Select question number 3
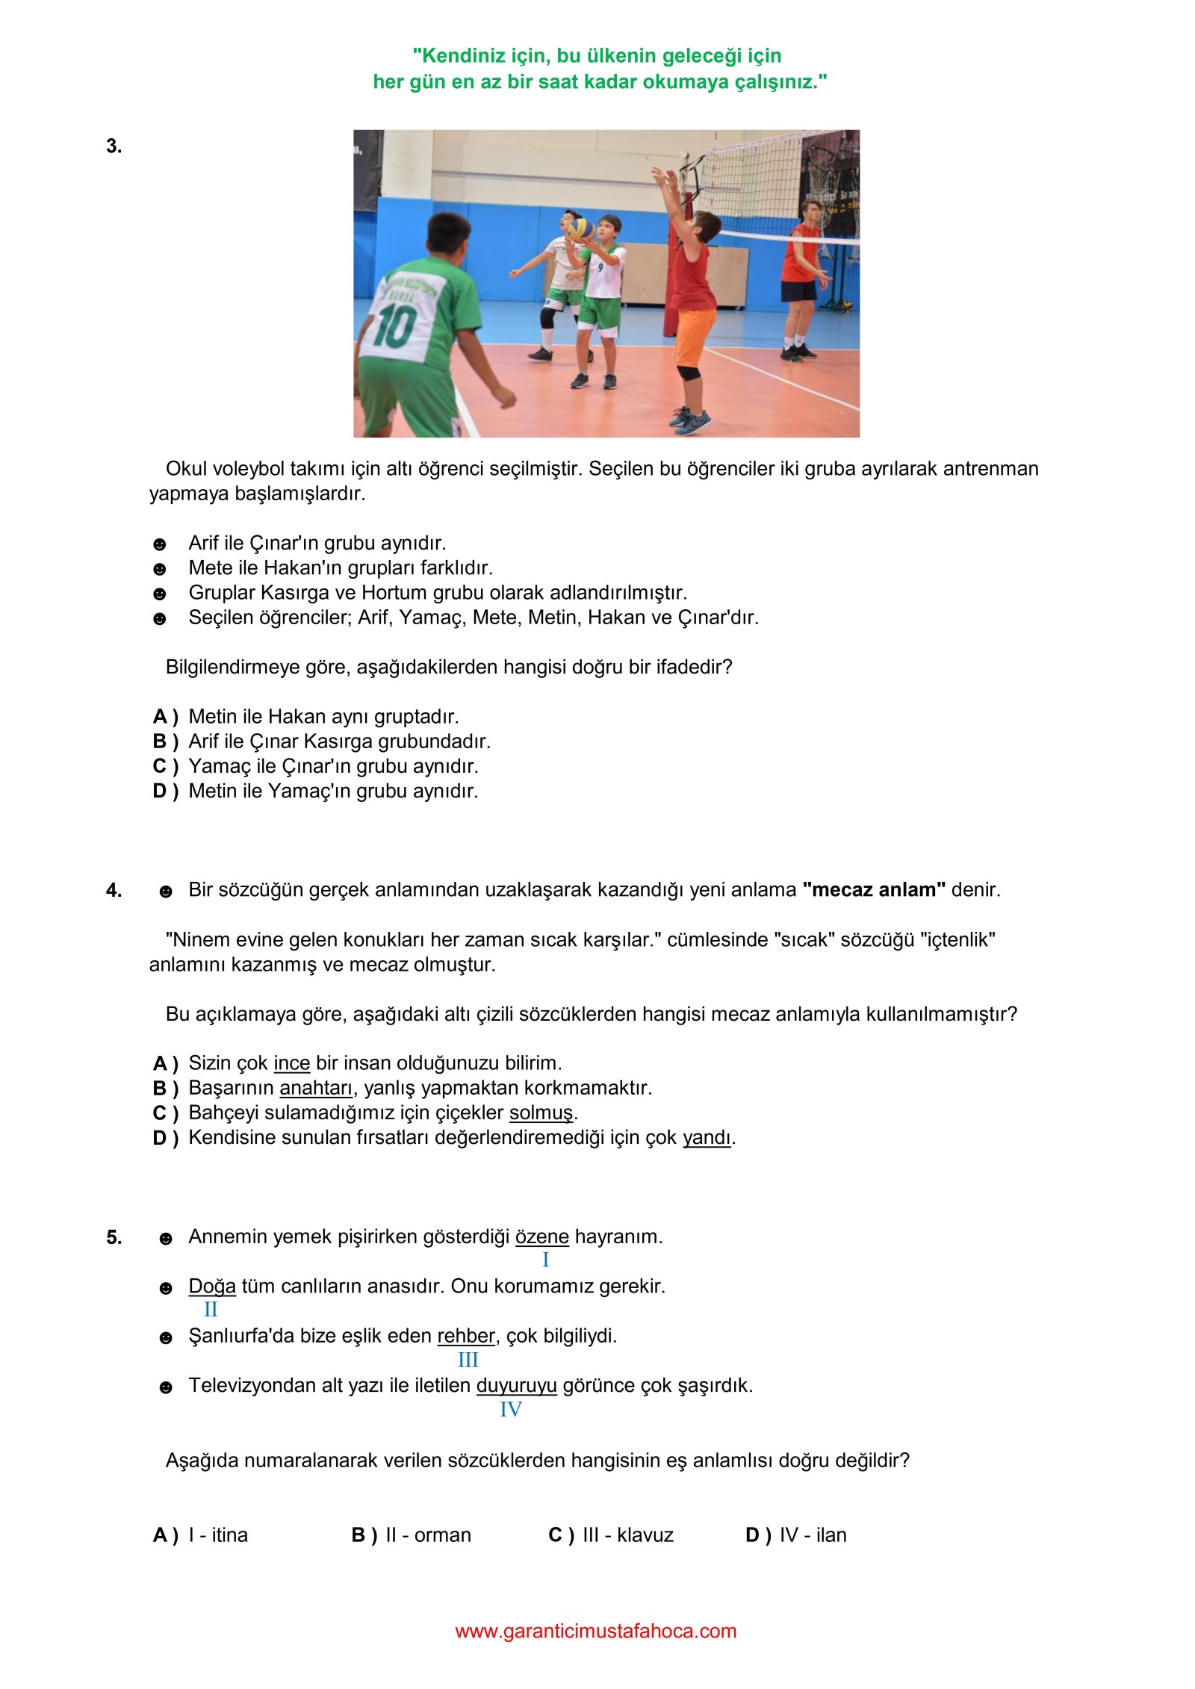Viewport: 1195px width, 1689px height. click(114, 146)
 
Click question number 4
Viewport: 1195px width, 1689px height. click(114, 890)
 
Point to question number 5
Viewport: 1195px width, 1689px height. click(114, 1237)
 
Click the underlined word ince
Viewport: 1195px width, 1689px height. click(291, 1063)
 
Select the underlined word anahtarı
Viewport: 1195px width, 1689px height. click(316, 1088)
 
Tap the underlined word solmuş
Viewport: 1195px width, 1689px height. click(541, 1113)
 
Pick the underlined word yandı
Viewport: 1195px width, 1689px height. click(707, 1137)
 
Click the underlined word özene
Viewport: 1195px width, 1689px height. click(541, 1237)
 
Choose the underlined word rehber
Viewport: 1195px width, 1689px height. click(466, 1336)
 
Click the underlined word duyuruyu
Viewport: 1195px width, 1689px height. click(516, 1386)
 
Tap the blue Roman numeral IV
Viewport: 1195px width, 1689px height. click(511, 1410)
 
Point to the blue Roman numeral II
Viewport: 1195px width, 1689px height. click(211, 1310)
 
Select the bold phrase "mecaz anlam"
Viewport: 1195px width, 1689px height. click(874, 890)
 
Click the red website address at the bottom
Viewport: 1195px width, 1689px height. click(595, 1632)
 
